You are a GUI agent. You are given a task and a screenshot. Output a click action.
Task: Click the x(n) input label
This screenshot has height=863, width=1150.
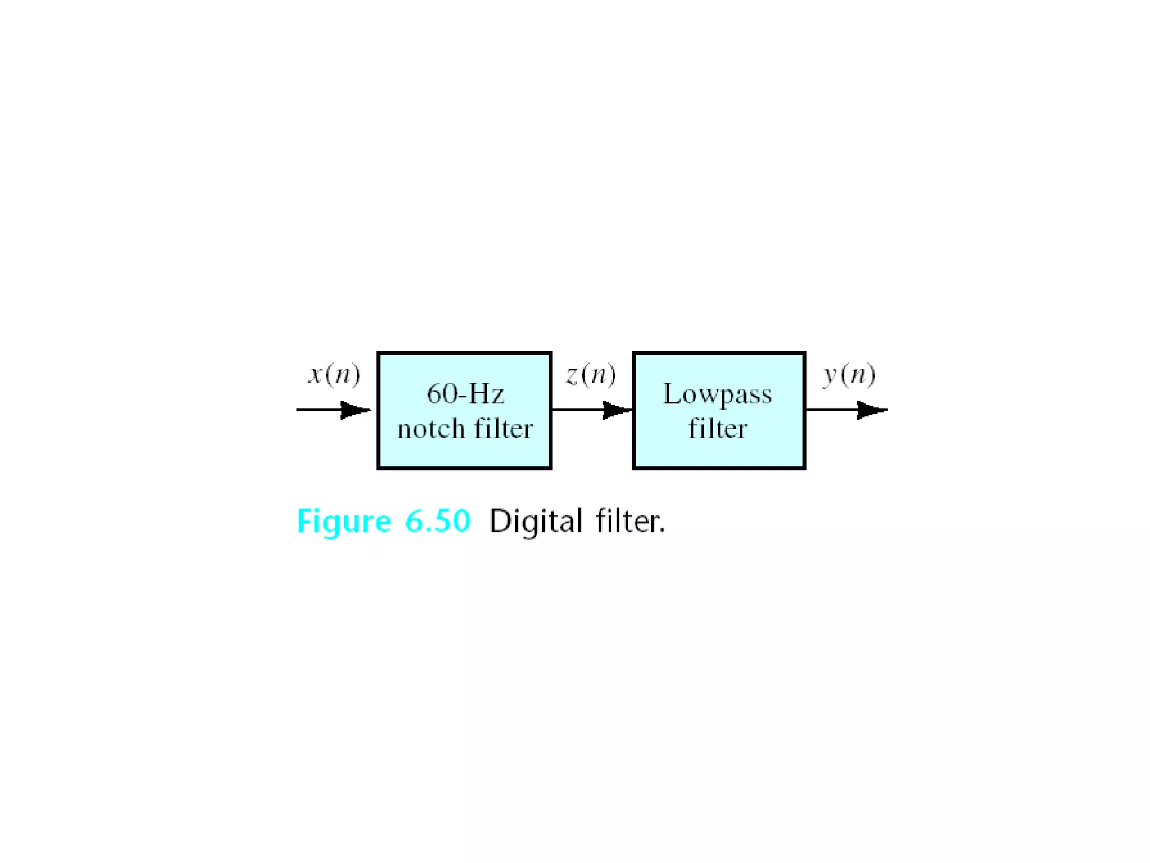(x=334, y=375)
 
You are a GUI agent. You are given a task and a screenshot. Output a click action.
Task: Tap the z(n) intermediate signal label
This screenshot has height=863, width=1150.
(x=591, y=375)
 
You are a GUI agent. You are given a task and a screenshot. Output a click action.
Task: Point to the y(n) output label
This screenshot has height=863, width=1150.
(x=849, y=375)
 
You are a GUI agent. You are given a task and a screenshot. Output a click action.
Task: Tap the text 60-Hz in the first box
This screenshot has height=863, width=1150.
(x=465, y=394)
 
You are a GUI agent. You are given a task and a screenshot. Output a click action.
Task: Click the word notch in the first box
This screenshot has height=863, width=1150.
(x=431, y=429)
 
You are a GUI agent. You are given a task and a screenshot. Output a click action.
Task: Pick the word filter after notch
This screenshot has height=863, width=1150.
(x=503, y=429)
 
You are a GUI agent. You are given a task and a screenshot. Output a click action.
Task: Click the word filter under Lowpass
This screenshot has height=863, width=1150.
(x=718, y=429)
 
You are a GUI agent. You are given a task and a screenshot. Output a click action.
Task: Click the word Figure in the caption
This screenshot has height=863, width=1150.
(x=344, y=521)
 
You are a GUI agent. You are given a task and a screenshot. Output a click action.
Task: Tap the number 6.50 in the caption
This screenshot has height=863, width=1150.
(x=437, y=521)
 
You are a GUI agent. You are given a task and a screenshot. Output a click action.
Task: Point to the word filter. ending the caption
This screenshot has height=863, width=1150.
(x=630, y=521)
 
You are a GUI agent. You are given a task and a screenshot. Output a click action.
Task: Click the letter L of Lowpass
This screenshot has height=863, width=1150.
(x=672, y=394)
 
